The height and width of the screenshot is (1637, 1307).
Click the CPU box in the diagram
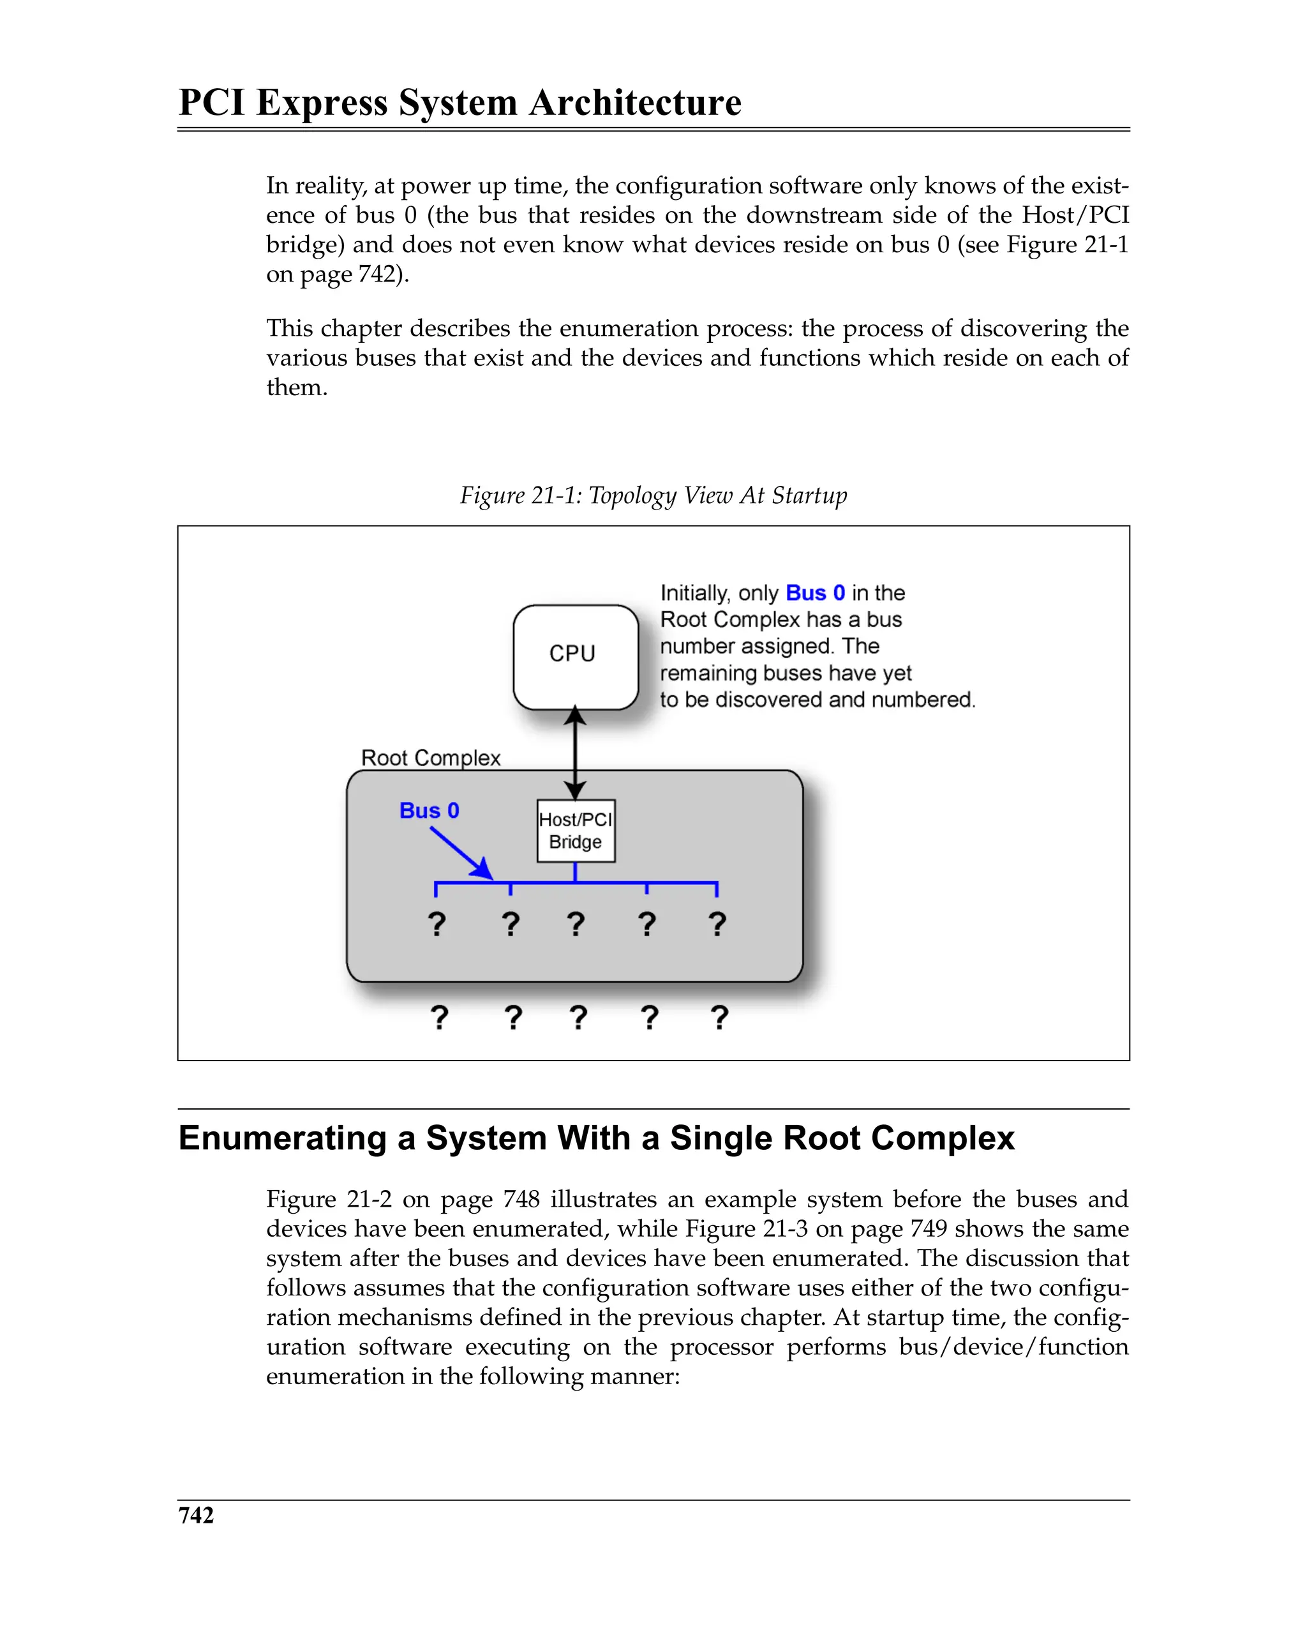click(x=576, y=657)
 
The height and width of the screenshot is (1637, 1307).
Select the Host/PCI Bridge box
click(x=576, y=831)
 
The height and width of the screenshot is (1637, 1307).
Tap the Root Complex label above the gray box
click(x=430, y=758)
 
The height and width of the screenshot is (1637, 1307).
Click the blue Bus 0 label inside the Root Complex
click(x=429, y=811)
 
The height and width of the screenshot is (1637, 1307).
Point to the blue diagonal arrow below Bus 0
click(x=460, y=853)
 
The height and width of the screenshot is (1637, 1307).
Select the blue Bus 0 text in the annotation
click(x=814, y=593)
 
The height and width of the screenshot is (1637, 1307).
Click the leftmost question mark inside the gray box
click(x=437, y=924)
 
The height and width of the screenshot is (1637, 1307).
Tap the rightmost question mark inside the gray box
click(x=717, y=924)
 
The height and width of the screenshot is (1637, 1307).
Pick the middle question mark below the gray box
click(x=578, y=1018)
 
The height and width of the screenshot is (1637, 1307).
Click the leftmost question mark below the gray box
click(x=438, y=1018)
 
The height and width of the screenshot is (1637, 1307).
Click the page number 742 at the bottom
click(x=196, y=1516)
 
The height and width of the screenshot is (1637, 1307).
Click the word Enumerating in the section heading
click(x=282, y=1139)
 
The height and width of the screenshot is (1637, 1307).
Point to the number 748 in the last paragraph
click(x=521, y=1200)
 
